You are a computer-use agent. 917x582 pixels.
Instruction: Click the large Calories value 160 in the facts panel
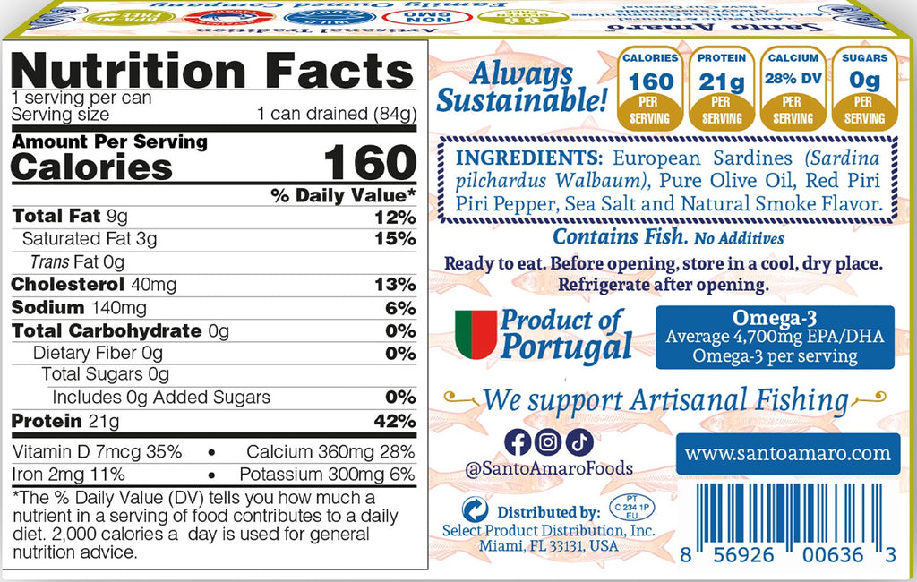(369, 163)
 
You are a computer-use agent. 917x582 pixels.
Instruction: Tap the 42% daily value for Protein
(394, 421)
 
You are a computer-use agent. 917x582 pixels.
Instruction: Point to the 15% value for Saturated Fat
(394, 239)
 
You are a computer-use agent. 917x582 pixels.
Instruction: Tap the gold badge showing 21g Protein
(722, 88)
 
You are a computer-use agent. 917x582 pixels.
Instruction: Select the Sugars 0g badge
(864, 88)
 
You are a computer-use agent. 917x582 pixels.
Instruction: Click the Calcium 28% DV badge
(793, 88)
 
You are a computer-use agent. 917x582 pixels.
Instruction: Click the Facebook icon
(518, 441)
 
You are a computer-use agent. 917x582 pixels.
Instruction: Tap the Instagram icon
(549, 441)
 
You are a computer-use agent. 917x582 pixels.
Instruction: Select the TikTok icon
(579, 441)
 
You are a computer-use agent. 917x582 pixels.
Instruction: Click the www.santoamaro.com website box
(787, 454)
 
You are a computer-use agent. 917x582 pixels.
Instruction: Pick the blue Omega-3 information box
(775, 337)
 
